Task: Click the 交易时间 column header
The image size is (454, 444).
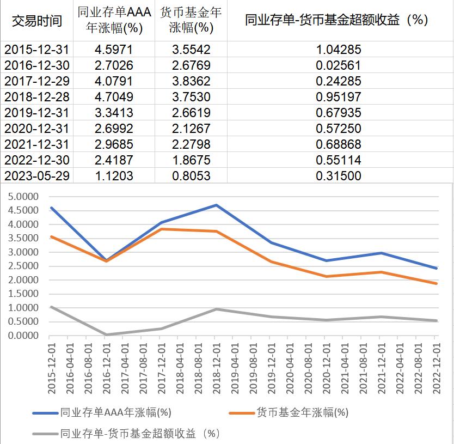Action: (x=37, y=21)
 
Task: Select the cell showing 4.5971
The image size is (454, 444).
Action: (x=113, y=50)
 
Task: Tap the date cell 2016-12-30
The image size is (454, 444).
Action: (x=37, y=65)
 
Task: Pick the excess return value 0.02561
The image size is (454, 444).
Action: (x=339, y=65)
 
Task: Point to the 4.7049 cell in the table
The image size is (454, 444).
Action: (x=113, y=97)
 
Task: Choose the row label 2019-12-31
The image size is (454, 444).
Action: (x=37, y=113)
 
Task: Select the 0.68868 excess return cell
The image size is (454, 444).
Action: (x=339, y=144)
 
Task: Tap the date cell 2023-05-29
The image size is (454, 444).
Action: (x=37, y=176)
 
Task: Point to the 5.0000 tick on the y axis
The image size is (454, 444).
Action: (x=24, y=197)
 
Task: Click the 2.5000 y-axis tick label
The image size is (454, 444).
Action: (x=24, y=266)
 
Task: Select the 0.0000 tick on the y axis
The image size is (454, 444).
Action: (x=24, y=336)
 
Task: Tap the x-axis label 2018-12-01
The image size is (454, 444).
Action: (x=216, y=365)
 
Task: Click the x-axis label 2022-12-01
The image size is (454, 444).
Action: (x=435, y=365)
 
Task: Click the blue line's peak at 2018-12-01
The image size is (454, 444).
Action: (x=216, y=205)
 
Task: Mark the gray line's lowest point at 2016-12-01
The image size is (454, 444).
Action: (x=105, y=334)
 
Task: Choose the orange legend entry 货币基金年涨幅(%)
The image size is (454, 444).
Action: (x=302, y=412)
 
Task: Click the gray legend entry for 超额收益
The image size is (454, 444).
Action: (x=139, y=434)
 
